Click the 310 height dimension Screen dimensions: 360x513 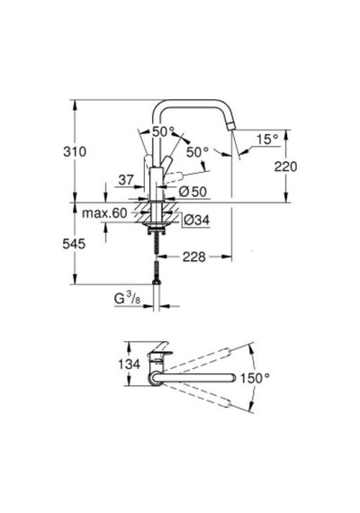pos(75,152)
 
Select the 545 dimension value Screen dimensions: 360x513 pos(74,244)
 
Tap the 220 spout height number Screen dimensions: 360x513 pos(285,166)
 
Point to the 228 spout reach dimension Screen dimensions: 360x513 pos(194,256)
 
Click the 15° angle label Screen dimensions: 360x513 pos(267,139)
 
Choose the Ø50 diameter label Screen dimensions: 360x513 pos(193,192)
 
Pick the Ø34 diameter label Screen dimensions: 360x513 pos(196,220)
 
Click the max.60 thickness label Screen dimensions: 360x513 pos(104,213)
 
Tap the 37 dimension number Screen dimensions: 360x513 pos(126,180)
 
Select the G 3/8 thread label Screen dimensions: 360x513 pos(127,299)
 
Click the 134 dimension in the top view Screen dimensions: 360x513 pos(130,364)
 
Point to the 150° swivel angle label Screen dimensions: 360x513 pos(256,378)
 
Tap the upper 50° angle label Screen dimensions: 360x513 pos(163,131)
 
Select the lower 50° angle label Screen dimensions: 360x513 pos(198,152)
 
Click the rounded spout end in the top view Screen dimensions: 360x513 pos(232,377)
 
